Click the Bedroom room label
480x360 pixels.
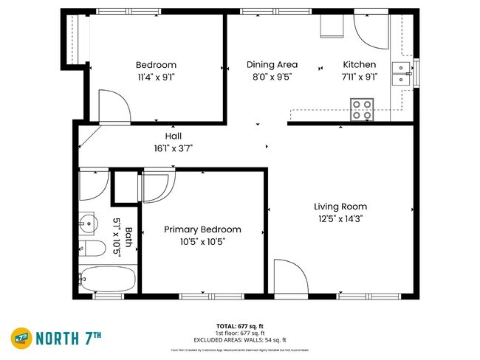[156, 65]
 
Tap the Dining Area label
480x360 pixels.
[272, 65]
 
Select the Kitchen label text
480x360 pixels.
[359, 65]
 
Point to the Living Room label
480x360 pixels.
[340, 207]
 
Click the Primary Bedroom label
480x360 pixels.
[202, 229]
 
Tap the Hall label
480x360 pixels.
[173, 136]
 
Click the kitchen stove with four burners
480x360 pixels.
[362, 110]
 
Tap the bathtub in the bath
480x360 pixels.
[108, 280]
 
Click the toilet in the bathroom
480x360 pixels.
[91, 249]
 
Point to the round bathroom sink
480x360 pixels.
[88, 221]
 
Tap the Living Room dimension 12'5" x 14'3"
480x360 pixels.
[340, 218]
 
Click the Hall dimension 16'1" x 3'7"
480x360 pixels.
[173, 148]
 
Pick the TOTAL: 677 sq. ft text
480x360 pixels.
[241, 325]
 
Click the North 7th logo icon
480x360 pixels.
[21, 338]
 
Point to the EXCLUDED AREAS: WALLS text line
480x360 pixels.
[241, 339]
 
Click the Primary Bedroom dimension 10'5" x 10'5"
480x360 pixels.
[202, 241]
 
